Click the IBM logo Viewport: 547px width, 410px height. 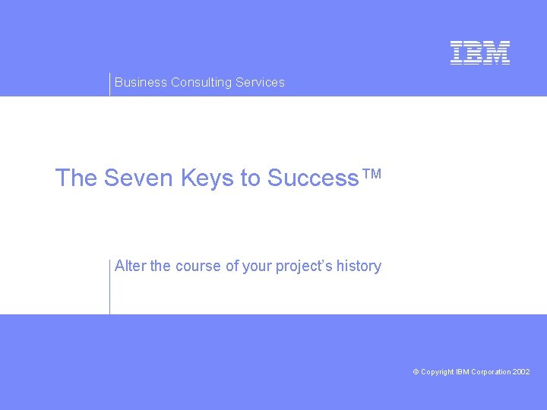point(480,52)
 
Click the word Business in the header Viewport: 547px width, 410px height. point(141,82)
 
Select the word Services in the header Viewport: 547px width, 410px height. point(260,82)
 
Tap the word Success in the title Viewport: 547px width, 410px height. point(313,178)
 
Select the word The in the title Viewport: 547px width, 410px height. point(77,178)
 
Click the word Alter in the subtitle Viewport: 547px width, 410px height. point(131,266)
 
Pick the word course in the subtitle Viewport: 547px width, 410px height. point(199,266)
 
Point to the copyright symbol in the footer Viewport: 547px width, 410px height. point(416,372)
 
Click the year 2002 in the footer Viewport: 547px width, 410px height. point(521,372)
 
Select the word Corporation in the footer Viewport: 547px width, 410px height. point(491,372)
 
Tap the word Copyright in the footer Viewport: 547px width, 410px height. point(437,372)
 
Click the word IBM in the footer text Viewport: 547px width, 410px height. point(463,372)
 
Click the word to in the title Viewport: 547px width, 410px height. point(250,178)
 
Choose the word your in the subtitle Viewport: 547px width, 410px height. point(257,266)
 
